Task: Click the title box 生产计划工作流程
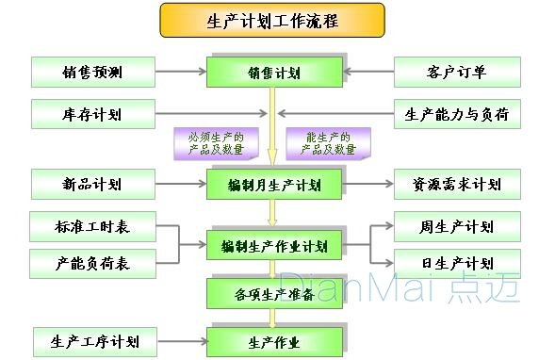272,19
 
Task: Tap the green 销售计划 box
273,72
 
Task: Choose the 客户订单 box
456,71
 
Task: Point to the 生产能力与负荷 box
456,114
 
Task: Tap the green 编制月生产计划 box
273,184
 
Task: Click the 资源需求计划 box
456,183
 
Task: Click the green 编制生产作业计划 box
273,246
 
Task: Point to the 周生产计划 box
456,227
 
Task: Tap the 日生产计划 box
456,263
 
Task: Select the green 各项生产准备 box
273,293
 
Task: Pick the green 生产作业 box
273,340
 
